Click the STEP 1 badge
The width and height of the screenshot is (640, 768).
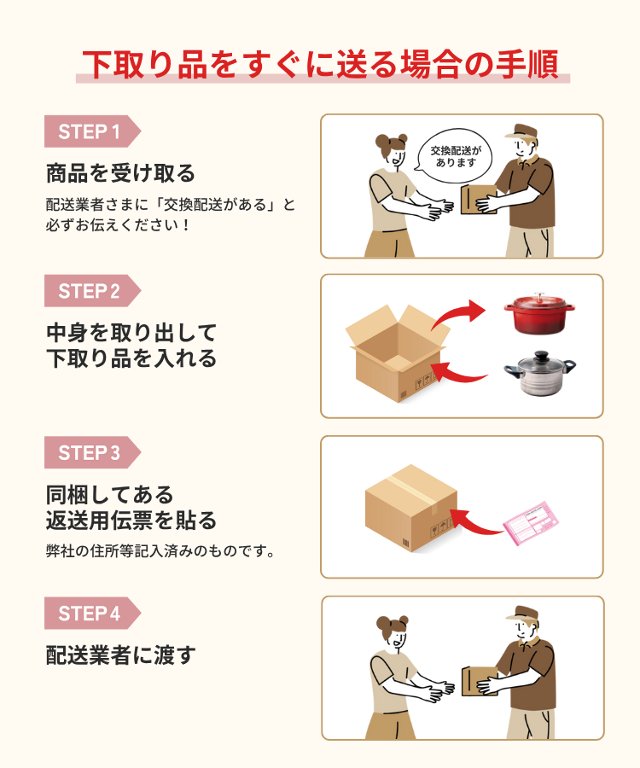[x=92, y=131]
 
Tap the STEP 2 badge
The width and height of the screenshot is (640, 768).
[x=92, y=291]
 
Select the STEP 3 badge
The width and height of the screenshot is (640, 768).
[x=92, y=452]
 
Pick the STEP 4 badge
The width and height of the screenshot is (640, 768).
[x=92, y=614]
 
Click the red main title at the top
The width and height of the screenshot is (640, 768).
[x=321, y=64]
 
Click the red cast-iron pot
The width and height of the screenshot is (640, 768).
[x=539, y=313]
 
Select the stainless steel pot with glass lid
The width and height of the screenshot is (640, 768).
[x=540, y=373]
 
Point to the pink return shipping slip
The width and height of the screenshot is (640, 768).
[x=532, y=523]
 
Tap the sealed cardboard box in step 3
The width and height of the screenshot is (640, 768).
[x=411, y=508]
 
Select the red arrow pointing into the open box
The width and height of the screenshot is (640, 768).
[x=458, y=375]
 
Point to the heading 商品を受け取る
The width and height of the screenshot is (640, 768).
[x=120, y=173]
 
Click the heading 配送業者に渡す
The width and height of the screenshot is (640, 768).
[x=121, y=655]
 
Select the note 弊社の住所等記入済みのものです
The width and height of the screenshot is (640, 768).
[x=160, y=551]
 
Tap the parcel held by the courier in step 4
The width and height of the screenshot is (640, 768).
[x=479, y=681]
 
